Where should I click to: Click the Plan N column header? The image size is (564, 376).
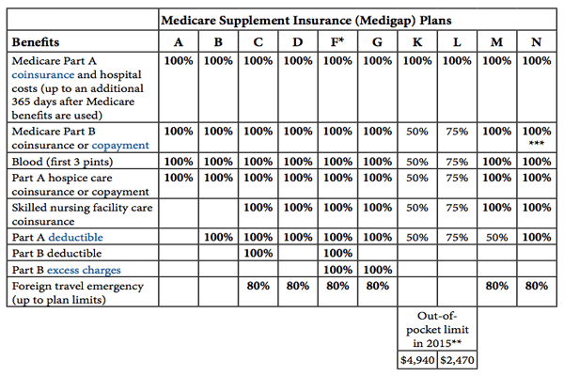coord(536,42)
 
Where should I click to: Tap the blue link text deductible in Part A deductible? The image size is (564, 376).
coord(77,237)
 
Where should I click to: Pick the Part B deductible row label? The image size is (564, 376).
coord(57,253)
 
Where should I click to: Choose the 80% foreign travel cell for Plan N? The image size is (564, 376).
coord(536,285)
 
